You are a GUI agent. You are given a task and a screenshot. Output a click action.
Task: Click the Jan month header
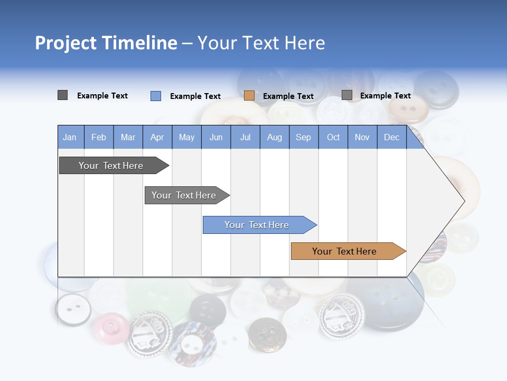pyautogui.click(x=70, y=138)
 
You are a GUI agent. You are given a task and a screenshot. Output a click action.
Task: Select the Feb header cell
pyautogui.click(x=99, y=138)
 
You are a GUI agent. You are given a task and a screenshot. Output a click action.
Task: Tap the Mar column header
pyautogui.click(x=128, y=138)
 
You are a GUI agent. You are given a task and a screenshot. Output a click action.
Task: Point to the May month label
pyautogui.click(x=186, y=138)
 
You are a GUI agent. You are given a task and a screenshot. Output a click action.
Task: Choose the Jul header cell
pyautogui.click(x=245, y=138)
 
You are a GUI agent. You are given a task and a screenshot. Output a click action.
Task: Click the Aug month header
pyautogui.click(x=275, y=138)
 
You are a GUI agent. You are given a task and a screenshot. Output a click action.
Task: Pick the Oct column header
pyautogui.click(x=333, y=138)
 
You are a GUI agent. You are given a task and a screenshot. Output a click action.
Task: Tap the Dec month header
pyautogui.click(x=391, y=138)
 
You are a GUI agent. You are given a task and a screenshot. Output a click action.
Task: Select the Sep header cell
pyautogui.click(x=303, y=138)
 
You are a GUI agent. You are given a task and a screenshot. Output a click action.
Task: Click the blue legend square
pyautogui.click(x=156, y=96)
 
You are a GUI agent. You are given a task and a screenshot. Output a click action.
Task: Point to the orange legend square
pyautogui.click(x=249, y=96)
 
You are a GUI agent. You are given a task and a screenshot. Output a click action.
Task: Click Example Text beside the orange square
pyautogui.click(x=288, y=96)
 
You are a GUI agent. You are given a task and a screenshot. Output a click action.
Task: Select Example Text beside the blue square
pyautogui.click(x=195, y=96)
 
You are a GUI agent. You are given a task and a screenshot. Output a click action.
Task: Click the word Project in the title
pyautogui.click(x=65, y=43)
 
